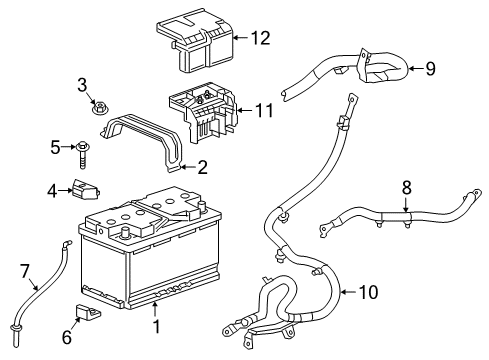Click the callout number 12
click(261, 39)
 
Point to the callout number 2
click(202, 167)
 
